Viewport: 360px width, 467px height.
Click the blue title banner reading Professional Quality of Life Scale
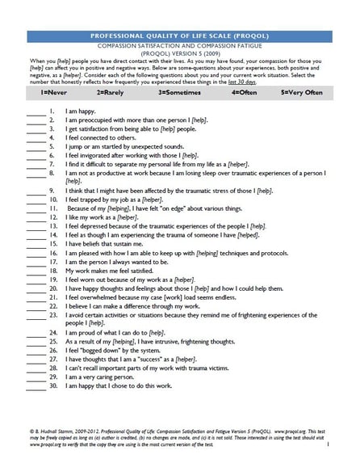179,36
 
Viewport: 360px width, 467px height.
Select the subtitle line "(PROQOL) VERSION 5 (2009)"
179,53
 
